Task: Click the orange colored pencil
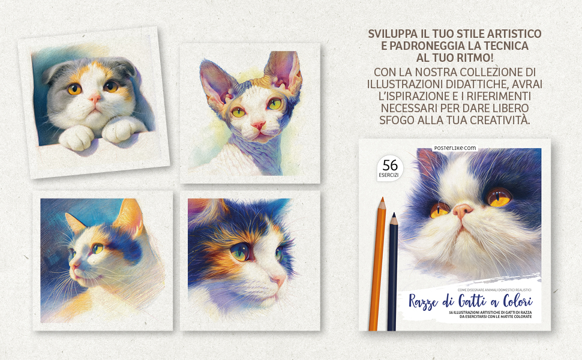pos(378,264)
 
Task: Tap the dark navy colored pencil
pos(392,272)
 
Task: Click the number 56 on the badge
pos(390,165)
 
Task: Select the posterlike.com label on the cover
pos(455,148)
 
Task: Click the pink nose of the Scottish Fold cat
pos(94,98)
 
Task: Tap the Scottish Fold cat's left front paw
pos(76,137)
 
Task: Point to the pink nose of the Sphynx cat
pos(259,125)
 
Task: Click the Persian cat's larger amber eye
pos(498,196)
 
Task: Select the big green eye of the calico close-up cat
pos(241,251)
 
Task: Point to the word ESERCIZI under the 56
pos(389,175)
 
